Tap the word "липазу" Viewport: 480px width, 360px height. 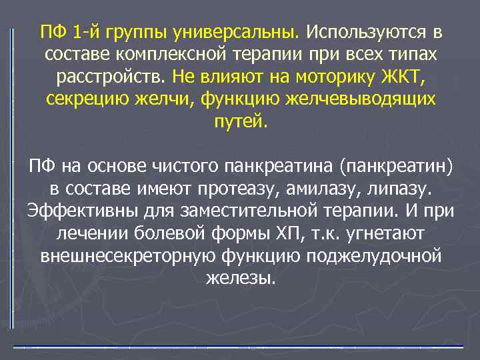point(395,187)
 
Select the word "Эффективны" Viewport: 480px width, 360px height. point(75,210)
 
